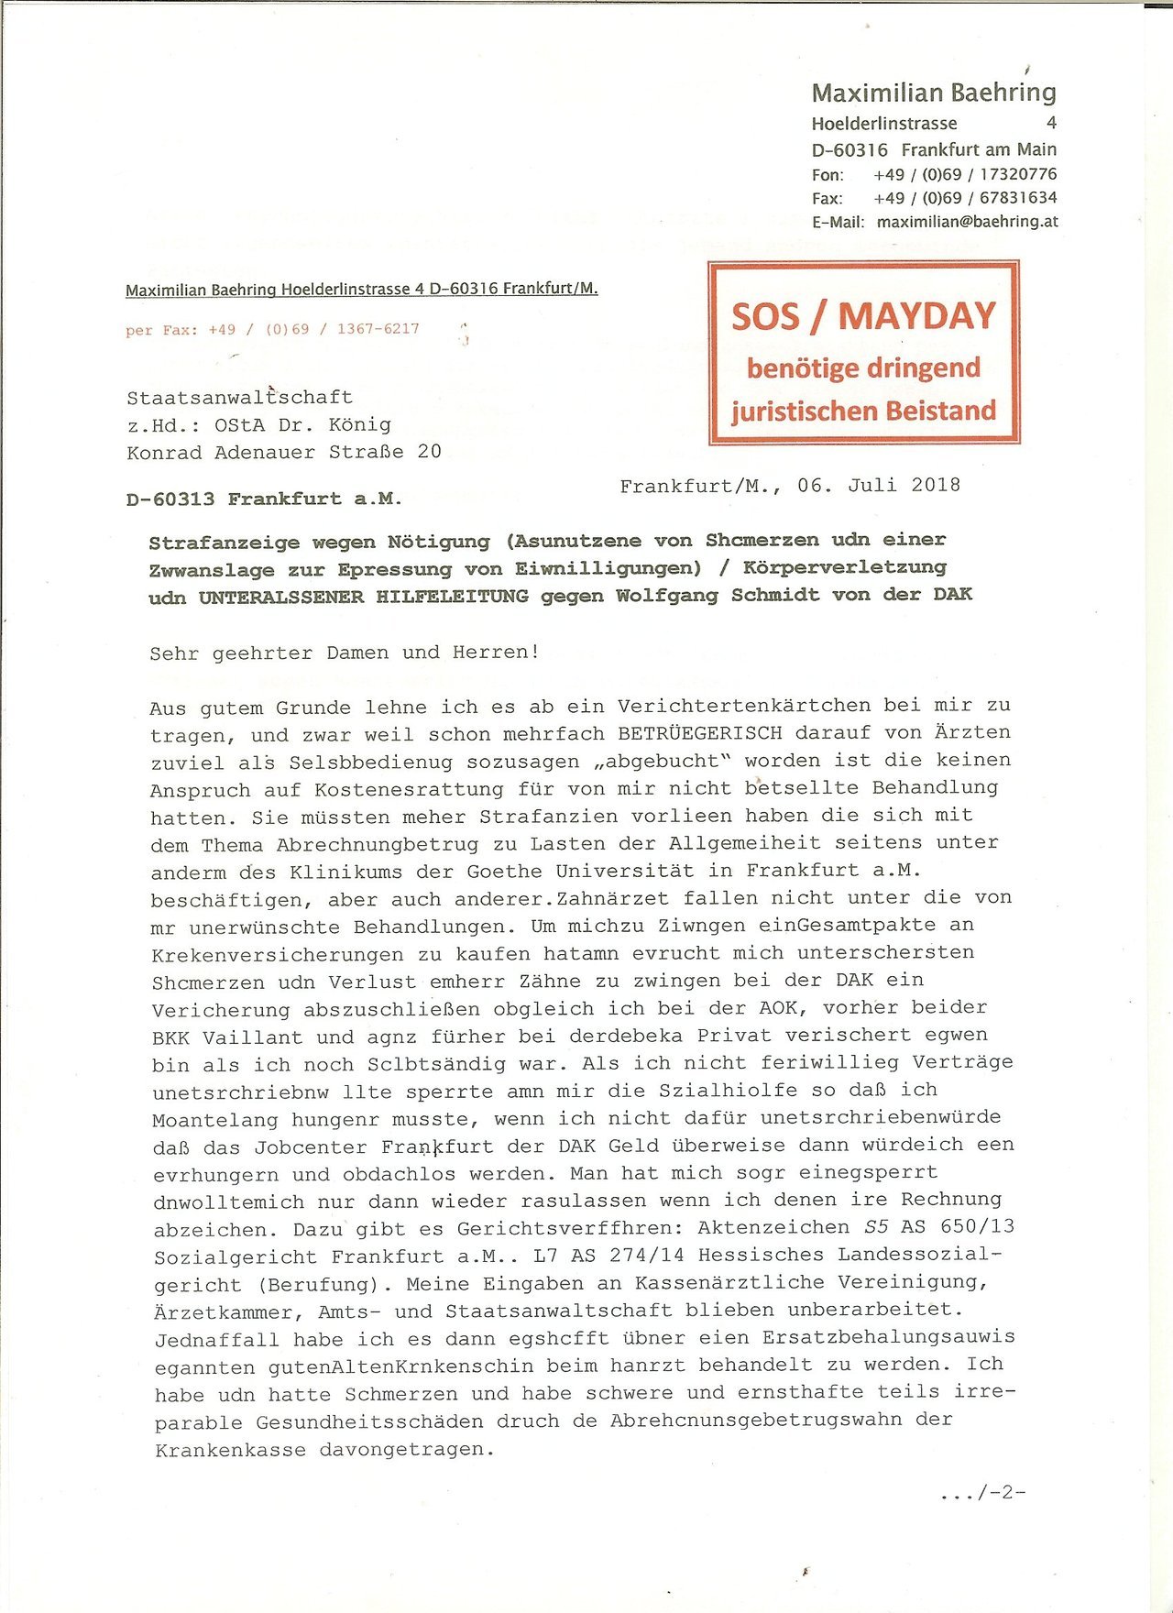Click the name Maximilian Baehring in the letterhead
tap(933, 93)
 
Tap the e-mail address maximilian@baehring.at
tap(967, 222)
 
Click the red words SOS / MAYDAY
tap(862, 316)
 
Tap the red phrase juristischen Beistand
tap(862, 411)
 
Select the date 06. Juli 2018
tap(878, 486)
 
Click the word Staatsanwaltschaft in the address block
tap(239, 398)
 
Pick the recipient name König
tap(359, 425)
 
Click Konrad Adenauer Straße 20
tap(283, 453)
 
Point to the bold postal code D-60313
tap(170, 499)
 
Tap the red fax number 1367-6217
tap(378, 329)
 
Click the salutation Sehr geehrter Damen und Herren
tap(345, 653)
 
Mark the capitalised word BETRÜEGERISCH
tap(699, 733)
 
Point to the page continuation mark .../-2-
tap(983, 1493)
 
